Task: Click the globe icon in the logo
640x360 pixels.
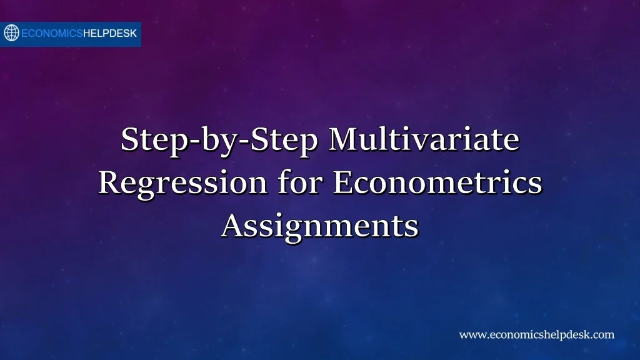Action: click(12, 33)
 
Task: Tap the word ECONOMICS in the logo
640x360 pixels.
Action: click(52, 34)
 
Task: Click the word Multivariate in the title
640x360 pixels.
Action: click(424, 139)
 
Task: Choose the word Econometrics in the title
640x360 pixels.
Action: click(437, 183)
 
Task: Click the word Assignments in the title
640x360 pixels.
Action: click(319, 226)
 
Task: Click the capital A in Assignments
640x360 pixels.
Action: click(232, 226)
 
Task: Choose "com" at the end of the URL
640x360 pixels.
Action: click(604, 335)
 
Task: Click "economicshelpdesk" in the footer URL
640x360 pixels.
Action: click(540, 335)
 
